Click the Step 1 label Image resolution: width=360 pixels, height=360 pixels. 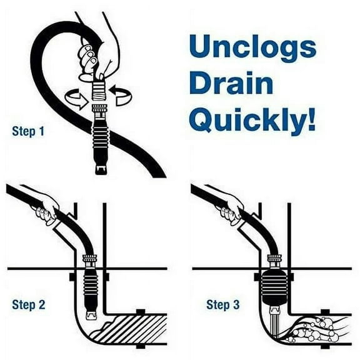(x=28, y=132)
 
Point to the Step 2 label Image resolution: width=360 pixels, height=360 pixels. (x=28, y=305)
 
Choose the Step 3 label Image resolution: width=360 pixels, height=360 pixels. (x=223, y=305)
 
